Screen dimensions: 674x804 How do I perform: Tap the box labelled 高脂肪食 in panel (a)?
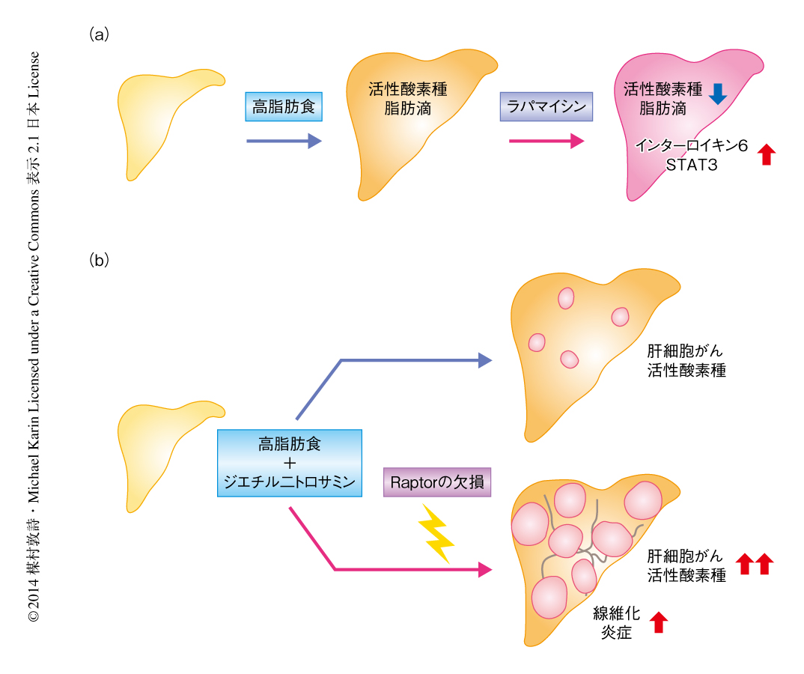(284, 107)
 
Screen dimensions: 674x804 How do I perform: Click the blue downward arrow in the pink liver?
(718, 93)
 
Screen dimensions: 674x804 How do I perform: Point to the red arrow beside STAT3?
(766, 155)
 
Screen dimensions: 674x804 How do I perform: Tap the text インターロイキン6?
(691, 147)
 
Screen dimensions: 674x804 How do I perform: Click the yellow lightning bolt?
(437, 532)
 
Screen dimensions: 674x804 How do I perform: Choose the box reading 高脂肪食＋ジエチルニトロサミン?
(289, 463)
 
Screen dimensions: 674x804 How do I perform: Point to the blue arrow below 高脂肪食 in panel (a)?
(284, 141)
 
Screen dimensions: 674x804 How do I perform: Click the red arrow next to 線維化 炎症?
(659, 622)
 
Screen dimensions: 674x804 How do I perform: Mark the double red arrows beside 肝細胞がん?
(753, 564)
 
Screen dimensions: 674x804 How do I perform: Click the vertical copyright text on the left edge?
(34, 337)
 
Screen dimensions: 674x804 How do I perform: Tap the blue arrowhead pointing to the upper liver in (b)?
(484, 360)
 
